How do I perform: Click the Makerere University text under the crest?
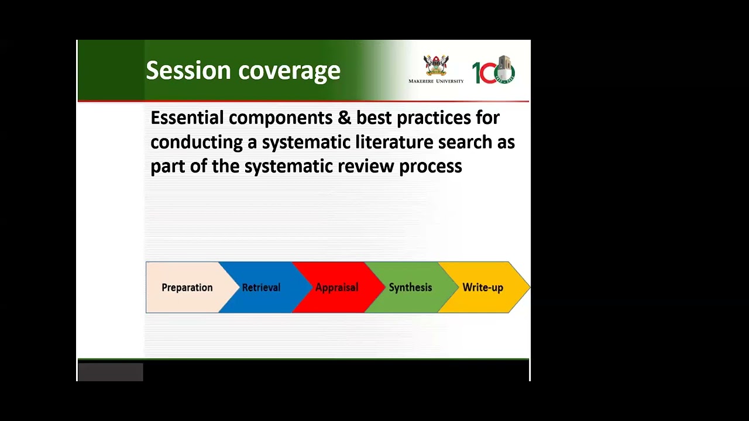pyautogui.click(x=436, y=81)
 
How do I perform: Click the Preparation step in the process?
pyautogui.click(x=187, y=288)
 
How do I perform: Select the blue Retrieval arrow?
pyautogui.click(x=261, y=288)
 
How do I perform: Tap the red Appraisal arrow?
pyautogui.click(x=336, y=288)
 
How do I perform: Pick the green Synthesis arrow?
pyautogui.click(x=410, y=288)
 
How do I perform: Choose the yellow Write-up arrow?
pyautogui.click(x=483, y=288)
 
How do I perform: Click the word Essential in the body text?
pyautogui.click(x=187, y=118)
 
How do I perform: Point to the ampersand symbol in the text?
pyautogui.click(x=343, y=118)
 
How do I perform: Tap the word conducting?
pyautogui.click(x=197, y=143)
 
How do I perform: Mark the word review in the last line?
pyautogui.click(x=366, y=166)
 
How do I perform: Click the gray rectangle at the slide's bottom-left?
pyautogui.click(x=111, y=372)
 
